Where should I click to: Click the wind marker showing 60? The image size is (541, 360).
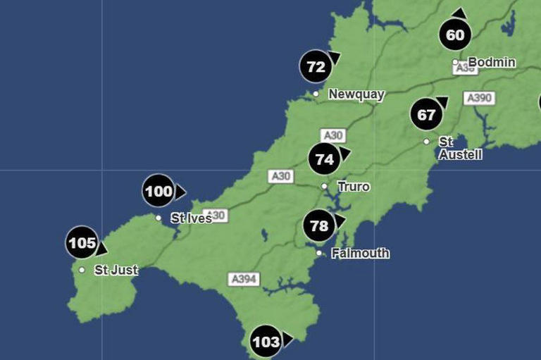tap(455, 35)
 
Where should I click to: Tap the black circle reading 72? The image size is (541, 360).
tap(316, 68)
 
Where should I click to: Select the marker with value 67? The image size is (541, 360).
tap(426, 115)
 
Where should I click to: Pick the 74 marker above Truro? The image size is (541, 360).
tap(324, 159)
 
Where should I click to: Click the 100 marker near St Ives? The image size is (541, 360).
tap(158, 191)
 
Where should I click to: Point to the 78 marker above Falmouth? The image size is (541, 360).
tap(319, 226)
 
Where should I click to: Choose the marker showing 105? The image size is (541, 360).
tap(82, 244)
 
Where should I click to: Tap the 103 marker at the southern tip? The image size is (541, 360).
tap(266, 342)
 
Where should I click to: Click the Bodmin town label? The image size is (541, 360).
tap(492, 63)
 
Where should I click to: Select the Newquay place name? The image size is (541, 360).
tap(356, 94)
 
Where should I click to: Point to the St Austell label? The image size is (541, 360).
tap(460, 148)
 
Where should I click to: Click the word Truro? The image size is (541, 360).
tap(354, 187)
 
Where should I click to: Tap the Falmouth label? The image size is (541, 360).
tap(360, 253)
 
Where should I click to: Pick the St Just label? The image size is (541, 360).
tap(116, 270)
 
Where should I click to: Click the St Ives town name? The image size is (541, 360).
tap(191, 218)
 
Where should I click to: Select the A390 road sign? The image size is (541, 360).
tap(478, 98)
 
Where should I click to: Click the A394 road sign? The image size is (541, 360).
tap(244, 279)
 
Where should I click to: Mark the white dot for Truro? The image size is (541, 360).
tap(325, 187)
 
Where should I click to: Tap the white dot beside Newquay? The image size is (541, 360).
tap(316, 94)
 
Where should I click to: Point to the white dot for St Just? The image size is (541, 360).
tap(82, 270)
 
